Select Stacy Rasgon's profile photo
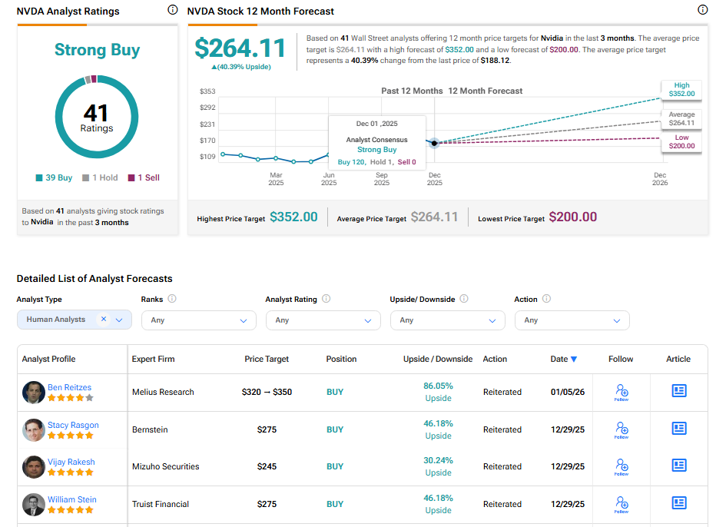click(34, 429)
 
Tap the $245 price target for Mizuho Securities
click(265, 466)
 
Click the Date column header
click(563, 359)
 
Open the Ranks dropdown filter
click(198, 320)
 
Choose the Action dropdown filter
click(572, 320)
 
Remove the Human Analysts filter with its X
click(104, 320)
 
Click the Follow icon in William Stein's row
click(621, 504)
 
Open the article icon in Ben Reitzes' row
click(678, 391)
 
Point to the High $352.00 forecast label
click(681, 90)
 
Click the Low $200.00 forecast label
click(681, 142)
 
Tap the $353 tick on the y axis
click(207, 91)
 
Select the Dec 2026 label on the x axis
click(659, 178)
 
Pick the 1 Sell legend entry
click(144, 177)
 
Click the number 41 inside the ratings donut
click(96, 113)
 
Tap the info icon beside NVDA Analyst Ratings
click(172, 10)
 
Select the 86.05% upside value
click(438, 386)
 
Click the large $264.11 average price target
click(240, 48)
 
